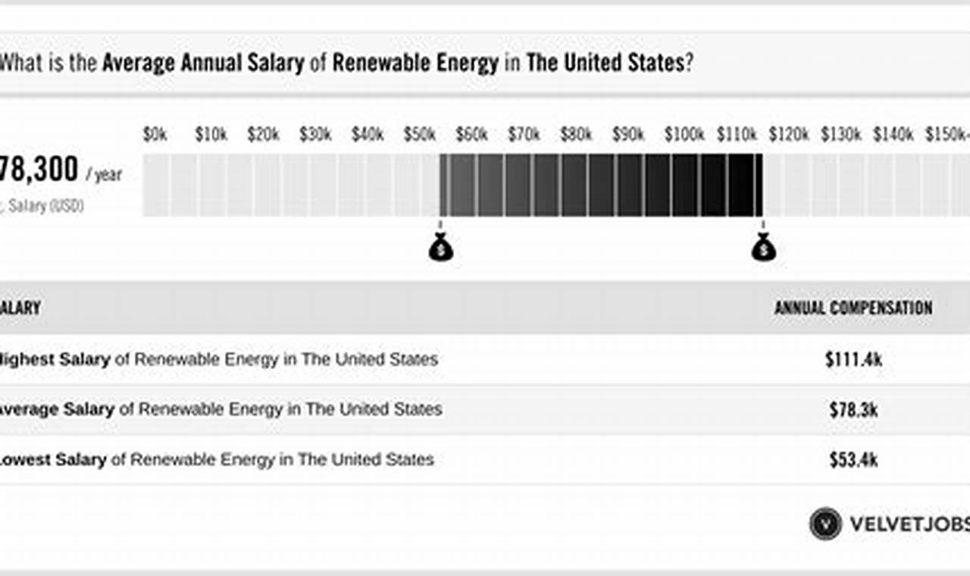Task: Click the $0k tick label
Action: click(155, 135)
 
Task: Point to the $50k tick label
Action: click(419, 135)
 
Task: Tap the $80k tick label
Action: click(576, 135)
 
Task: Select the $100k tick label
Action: click(684, 135)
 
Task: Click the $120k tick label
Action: click(788, 135)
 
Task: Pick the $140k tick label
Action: click(893, 135)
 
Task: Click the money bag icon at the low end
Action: click(440, 247)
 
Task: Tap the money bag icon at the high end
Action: click(763, 247)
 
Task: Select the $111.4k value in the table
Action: click(853, 359)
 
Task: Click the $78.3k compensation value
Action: click(853, 409)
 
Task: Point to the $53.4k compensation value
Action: click(853, 459)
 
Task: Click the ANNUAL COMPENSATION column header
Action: click(853, 308)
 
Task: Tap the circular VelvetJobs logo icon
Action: click(825, 524)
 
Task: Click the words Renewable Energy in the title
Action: click(415, 63)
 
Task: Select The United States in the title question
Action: click(605, 63)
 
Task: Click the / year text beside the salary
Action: click(104, 176)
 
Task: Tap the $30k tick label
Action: click(315, 135)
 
